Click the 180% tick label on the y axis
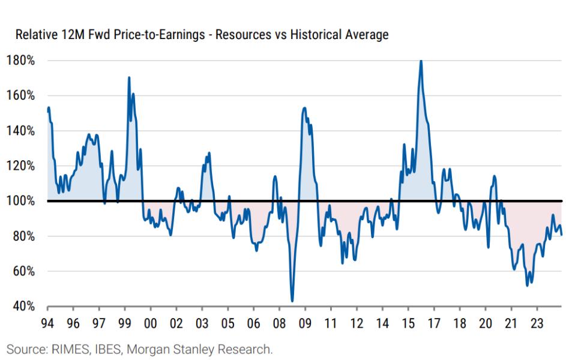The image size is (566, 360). pyautogui.click(x=21, y=61)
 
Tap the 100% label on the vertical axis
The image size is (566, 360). pyautogui.click(x=21, y=201)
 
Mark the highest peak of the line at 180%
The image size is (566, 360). pyautogui.click(x=421, y=61)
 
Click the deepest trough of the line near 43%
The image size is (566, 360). pyautogui.click(x=292, y=301)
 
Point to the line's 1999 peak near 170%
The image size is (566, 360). pyautogui.click(x=129, y=77)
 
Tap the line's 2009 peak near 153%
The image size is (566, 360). pyautogui.click(x=305, y=108)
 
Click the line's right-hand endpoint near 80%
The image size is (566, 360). pyautogui.click(x=562, y=235)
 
